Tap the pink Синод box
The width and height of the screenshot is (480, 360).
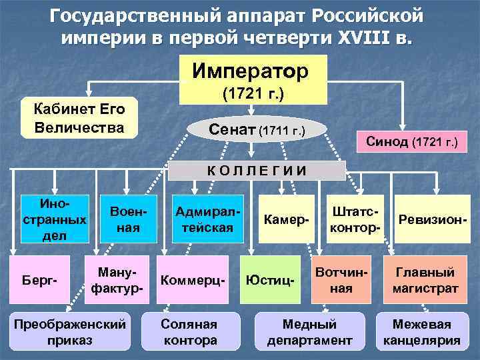(411, 141)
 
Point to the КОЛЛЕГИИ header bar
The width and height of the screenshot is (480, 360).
(256, 170)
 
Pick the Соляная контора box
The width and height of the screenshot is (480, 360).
(189, 331)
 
